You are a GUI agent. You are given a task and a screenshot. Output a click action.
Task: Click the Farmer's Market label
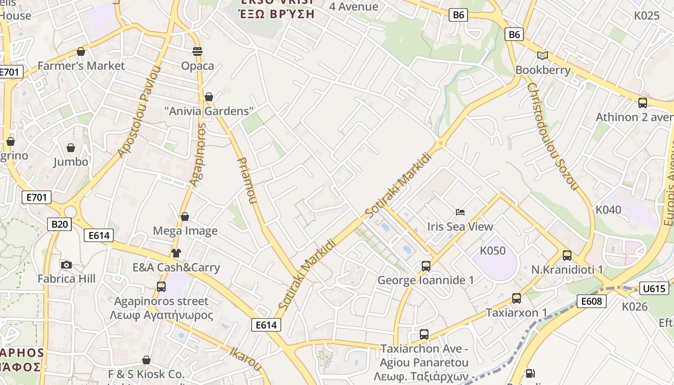(x=81, y=66)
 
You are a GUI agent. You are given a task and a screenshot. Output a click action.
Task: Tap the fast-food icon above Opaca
(x=197, y=51)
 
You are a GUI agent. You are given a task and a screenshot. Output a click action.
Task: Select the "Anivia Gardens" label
(x=209, y=111)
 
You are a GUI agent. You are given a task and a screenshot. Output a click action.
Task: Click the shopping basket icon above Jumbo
(x=71, y=147)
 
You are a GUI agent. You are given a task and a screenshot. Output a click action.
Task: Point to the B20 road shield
(x=60, y=224)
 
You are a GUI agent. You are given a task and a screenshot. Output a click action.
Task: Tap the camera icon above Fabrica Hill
(x=66, y=265)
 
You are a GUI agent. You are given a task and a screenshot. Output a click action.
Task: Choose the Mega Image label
(x=185, y=231)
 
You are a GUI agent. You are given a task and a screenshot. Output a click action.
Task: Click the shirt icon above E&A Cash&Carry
(x=176, y=253)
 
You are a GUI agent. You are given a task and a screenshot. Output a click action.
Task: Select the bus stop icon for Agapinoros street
(x=161, y=287)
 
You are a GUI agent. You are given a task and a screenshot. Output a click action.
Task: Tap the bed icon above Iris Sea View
(x=460, y=212)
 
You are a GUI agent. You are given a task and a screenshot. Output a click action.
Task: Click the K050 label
(x=493, y=251)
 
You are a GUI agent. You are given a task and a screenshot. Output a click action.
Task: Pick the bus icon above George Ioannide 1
(x=426, y=266)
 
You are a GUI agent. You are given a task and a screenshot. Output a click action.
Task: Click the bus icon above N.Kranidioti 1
(x=567, y=255)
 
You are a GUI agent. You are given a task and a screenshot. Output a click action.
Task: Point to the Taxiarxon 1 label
(x=517, y=313)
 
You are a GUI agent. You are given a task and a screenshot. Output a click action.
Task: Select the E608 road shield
(x=591, y=301)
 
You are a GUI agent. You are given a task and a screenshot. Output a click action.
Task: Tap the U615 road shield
(x=654, y=289)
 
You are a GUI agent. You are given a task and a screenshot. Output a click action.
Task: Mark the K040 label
(x=609, y=210)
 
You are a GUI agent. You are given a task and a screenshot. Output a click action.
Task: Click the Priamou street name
(x=247, y=180)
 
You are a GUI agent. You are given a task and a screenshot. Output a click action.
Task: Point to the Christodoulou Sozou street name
(x=552, y=136)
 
